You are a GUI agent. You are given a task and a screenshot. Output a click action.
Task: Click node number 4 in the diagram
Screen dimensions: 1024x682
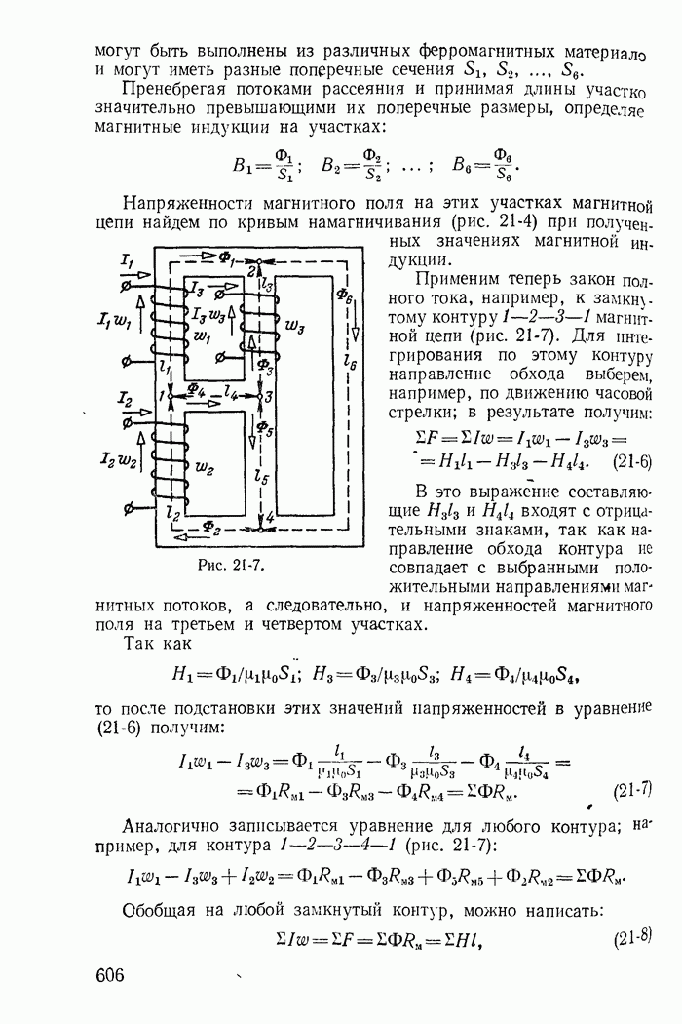270,518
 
